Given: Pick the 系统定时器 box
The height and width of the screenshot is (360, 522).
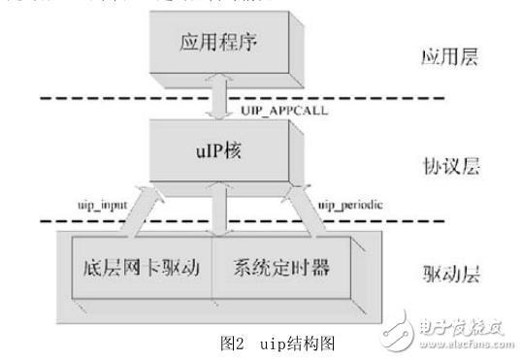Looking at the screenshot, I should [x=275, y=265].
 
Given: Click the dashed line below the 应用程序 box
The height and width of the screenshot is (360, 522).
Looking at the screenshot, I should [x=97, y=97].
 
